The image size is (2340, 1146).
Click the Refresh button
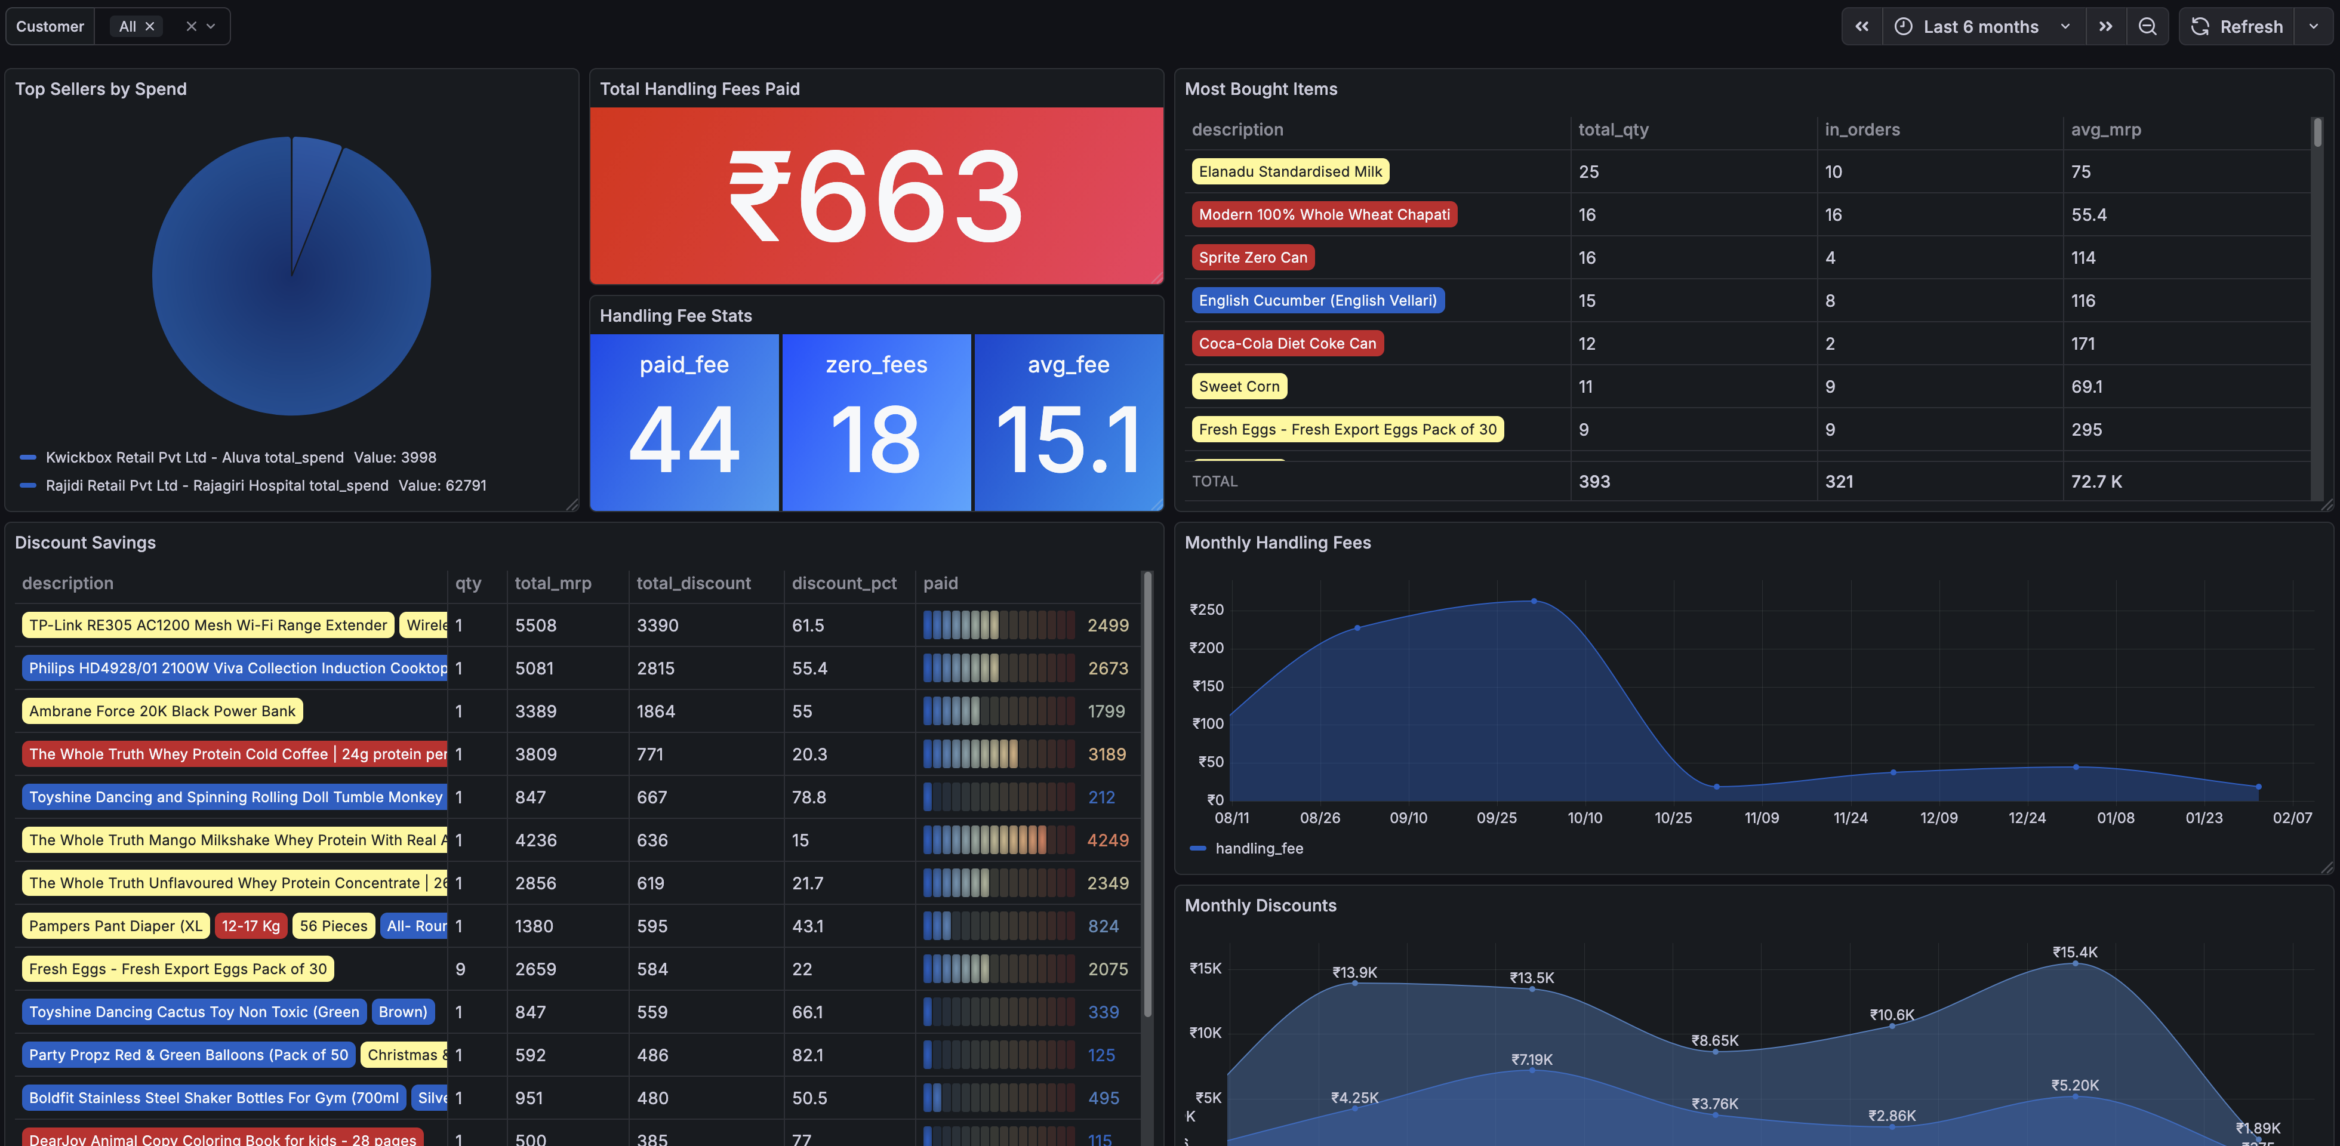point(2237,26)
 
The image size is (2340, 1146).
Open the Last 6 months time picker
point(1980,26)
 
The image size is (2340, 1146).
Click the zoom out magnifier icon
point(2147,26)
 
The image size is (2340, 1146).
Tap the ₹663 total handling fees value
point(876,196)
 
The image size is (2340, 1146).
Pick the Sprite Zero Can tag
point(1252,257)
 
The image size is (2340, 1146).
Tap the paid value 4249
point(1107,840)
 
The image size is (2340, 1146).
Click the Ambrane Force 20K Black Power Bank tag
point(162,711)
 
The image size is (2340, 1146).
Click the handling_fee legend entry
point(1258,848)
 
